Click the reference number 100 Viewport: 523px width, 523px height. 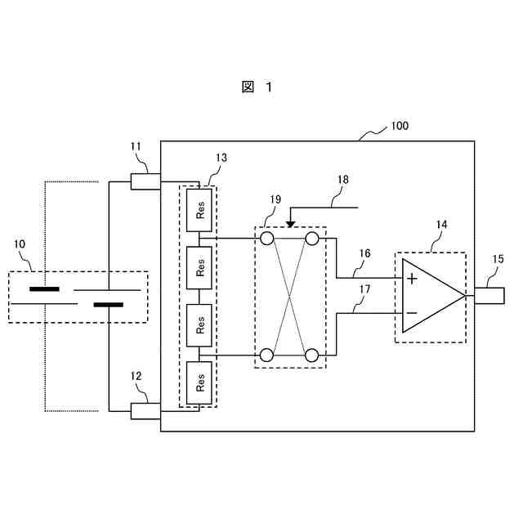point(400,127)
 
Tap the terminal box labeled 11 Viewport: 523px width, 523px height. point(145,181)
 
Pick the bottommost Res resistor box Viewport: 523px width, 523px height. point(200,381)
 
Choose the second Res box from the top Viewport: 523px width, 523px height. point(200,266)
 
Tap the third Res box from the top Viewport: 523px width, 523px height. point(200,324)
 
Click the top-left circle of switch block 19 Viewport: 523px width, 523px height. point(266,239)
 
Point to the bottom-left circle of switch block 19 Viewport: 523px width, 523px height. point(266,355)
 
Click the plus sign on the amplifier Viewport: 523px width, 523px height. point(412,279)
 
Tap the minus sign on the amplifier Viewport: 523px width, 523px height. point(412,312)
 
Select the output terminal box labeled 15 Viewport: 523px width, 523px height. point(493,295)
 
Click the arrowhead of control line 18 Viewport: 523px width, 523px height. point(290,224)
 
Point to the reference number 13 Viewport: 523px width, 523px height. point(221,157)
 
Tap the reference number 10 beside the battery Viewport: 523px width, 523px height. point(20,244)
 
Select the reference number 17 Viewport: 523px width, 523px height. point(364,288)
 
